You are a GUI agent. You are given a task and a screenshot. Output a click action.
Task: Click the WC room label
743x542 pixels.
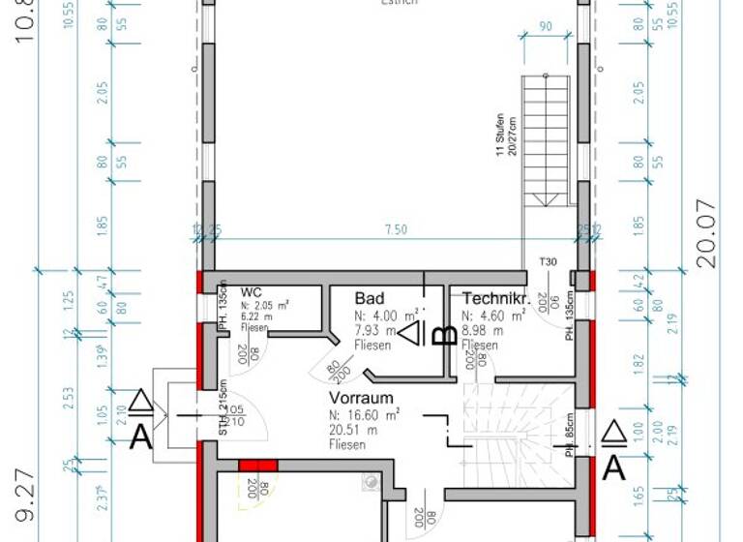tap(252, 292)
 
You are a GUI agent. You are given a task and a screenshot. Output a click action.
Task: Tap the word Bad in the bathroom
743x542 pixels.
tap(370, 298)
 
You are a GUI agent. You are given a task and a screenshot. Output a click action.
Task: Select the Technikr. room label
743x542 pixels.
tap(494, 298)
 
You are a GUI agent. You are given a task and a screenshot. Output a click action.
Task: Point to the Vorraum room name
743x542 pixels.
tap(361, 398)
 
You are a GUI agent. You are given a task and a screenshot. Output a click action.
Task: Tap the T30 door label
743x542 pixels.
tap(549, 262)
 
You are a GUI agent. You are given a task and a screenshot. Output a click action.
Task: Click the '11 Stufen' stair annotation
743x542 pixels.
tap(499, 136)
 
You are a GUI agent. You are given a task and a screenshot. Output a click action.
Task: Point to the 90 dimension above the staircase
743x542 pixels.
tap(546, 27)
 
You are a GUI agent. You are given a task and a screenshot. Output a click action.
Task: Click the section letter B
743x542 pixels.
tap(444, 335)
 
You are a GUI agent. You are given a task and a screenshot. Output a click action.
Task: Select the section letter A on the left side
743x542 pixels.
tap(141, 437)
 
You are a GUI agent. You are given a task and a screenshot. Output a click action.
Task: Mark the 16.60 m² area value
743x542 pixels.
tap(364, 415)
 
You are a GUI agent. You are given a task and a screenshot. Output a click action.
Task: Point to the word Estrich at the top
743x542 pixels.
tap(399, 4)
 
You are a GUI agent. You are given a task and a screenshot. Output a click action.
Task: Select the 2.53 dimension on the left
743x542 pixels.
tap(68, 397)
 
